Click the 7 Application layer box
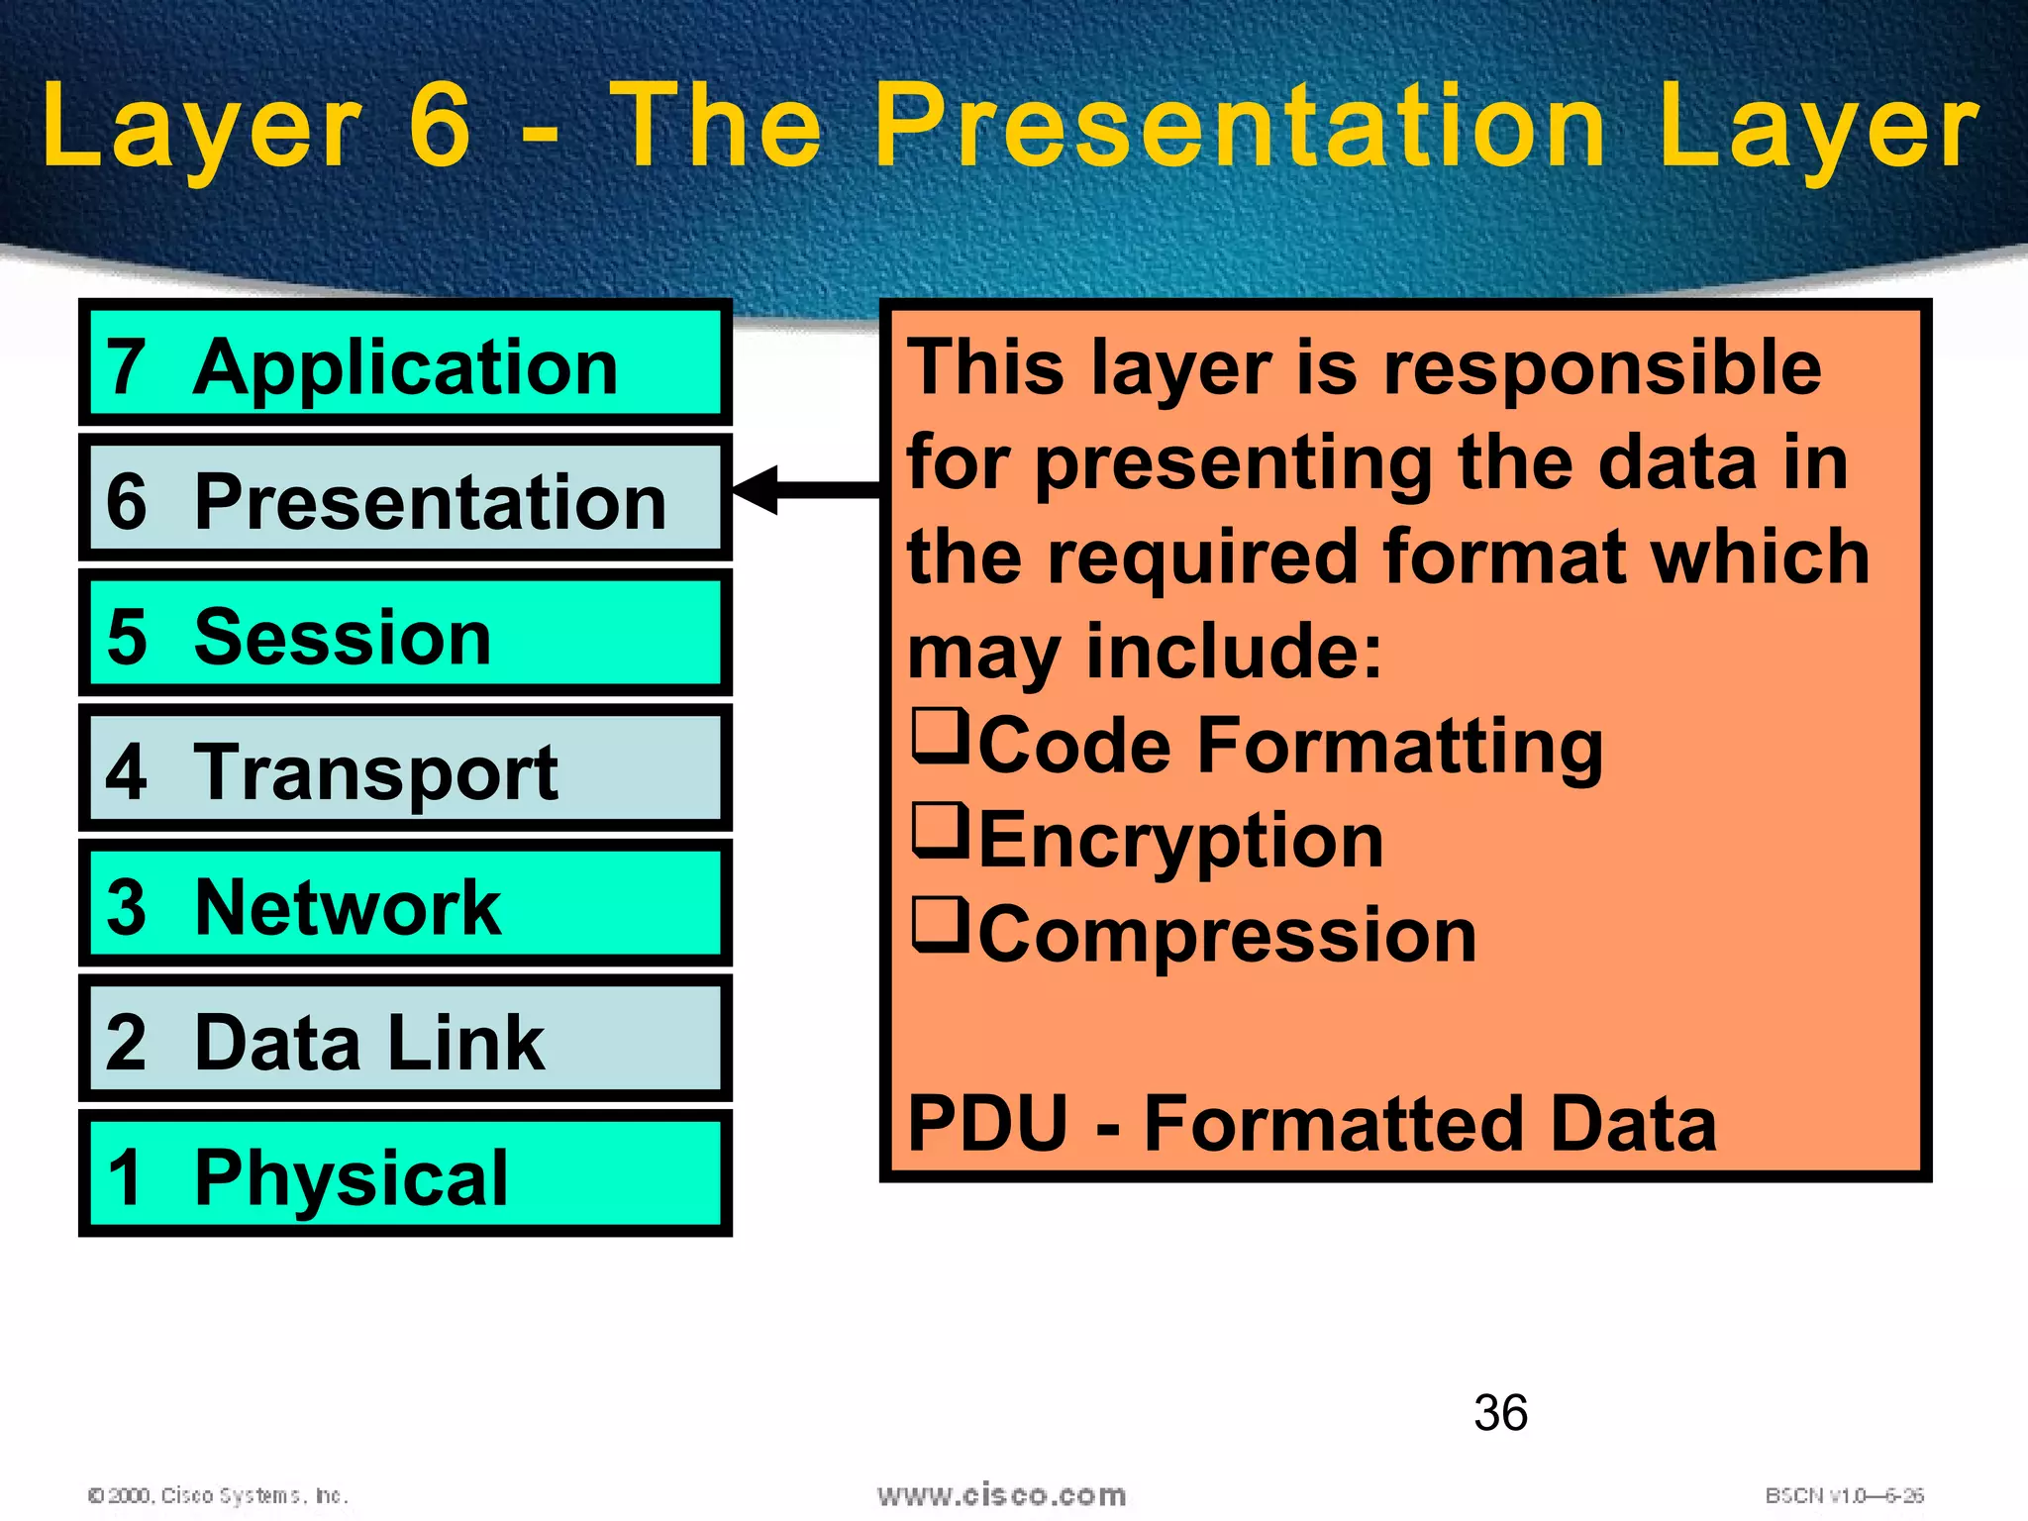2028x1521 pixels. tap(405, 363)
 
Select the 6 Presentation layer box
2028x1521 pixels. tap(405, 498)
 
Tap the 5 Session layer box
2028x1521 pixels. tap(405, 634)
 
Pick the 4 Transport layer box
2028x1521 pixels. tap(405, 768)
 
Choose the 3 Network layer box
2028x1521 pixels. tap(405, 903)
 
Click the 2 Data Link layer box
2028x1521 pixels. tap(405, 1039)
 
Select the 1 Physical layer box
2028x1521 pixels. tap(405, 1174)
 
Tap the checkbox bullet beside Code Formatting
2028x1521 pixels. tap(939, 736)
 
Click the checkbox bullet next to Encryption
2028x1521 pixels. tap(939, 831)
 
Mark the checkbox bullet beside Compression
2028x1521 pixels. tap(939, 925)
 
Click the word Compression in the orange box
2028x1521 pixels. tap(1227, 936)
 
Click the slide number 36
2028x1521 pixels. tap(1500, 1413)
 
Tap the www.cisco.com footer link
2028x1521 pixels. tap(1001, 1494)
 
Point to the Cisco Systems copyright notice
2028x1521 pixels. tap(218, 1495)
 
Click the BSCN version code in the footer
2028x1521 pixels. tap(1844, 1495)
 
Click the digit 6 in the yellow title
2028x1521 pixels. tap(440, 126)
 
